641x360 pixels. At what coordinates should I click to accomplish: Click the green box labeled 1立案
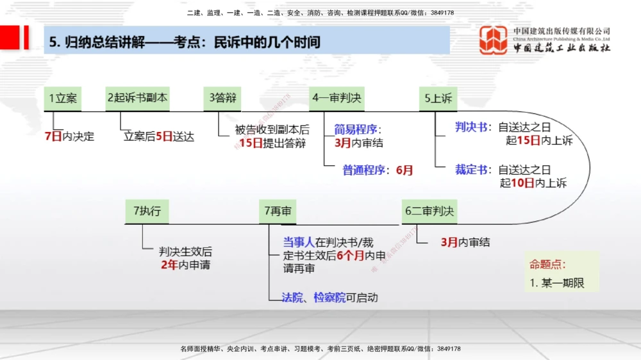tap(63, 98)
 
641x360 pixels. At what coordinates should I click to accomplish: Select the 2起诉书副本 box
tap(138, 98)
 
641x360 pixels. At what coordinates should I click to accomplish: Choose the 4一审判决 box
tap(337, 98)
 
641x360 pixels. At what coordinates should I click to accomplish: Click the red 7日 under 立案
tap(53, 136)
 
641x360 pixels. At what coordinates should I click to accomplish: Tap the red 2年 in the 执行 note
tap(169, 265)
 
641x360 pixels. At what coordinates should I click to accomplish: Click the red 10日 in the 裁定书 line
tap(522, 184)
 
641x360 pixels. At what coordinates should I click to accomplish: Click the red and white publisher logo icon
tap(494, 40)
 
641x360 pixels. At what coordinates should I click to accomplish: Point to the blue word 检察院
tap(329, 297)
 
